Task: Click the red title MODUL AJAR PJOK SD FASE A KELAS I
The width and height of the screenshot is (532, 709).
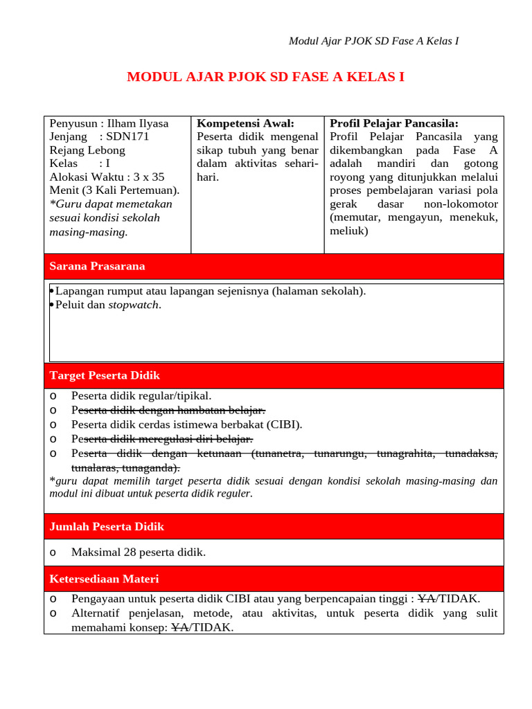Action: (265, 77)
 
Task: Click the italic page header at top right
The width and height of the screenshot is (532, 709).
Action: (373, 42)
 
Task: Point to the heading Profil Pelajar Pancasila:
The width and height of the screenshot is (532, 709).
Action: (393, 124)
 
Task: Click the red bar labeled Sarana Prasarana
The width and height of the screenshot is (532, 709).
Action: (274, 267)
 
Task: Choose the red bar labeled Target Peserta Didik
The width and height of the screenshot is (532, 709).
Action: (274, 376)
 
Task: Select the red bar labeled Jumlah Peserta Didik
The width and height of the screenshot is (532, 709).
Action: (274, 527)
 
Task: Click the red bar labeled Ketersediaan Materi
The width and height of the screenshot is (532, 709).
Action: (274, 579)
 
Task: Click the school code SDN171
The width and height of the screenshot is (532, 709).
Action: (128, 137)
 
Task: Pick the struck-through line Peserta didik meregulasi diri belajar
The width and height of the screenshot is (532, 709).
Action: (162, 440)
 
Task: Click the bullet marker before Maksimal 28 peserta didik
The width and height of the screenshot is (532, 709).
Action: (54, 553)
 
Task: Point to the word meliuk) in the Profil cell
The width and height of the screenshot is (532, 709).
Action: (350, 231)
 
